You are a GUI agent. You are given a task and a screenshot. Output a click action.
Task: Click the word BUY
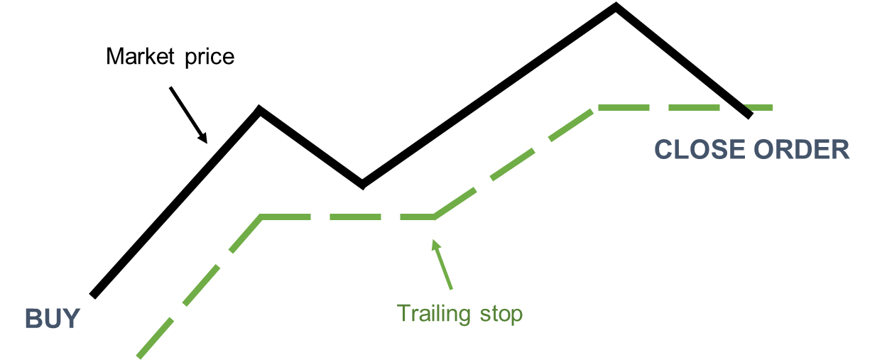53,319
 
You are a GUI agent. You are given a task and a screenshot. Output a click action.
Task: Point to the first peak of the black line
260,109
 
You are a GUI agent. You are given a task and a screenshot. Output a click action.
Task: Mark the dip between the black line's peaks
362,186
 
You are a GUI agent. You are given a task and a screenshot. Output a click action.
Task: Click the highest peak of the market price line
616,6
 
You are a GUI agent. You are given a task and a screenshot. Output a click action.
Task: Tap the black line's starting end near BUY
93,294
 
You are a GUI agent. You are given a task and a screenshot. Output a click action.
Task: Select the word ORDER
802,150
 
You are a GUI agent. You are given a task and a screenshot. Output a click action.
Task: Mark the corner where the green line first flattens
263,217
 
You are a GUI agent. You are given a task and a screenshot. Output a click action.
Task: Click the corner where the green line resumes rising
434,217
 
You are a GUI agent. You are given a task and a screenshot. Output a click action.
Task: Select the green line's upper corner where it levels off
599,108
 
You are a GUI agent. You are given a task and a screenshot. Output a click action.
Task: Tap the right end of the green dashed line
772,108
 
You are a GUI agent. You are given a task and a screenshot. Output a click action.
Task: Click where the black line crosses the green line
739,108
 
